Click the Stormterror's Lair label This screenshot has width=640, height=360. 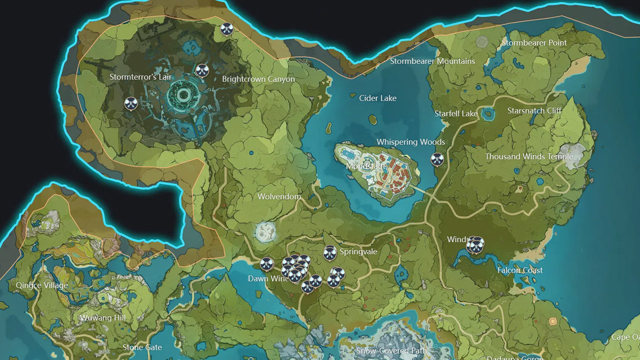click(x=140, y=77)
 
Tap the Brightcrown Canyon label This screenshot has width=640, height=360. click(x=258, y=79)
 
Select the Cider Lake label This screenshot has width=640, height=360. click(x=377, y=98)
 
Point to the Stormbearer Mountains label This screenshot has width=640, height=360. click(x=432, y=61)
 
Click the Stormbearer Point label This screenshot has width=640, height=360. click(x=534, y=43)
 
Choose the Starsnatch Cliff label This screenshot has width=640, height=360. click(x=534, y=110)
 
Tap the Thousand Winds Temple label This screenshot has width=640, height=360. click(x=529, y=156)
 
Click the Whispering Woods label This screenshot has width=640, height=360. click(x=410, y=142)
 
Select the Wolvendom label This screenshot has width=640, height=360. click(x=279, y=196)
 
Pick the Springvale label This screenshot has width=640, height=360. click(x=358, y=251)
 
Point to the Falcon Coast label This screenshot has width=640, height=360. click(x=520, y=270)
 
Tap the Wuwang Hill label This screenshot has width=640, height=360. click(x=103, y=317)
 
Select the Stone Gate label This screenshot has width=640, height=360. click(x=142, y=347)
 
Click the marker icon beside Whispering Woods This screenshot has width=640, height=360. click(x=437, y=159)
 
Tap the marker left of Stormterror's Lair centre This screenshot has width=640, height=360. click(x=131, y=103)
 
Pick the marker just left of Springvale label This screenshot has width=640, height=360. click(x=329, y=252)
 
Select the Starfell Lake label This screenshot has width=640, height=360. click(x=455, y=113)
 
